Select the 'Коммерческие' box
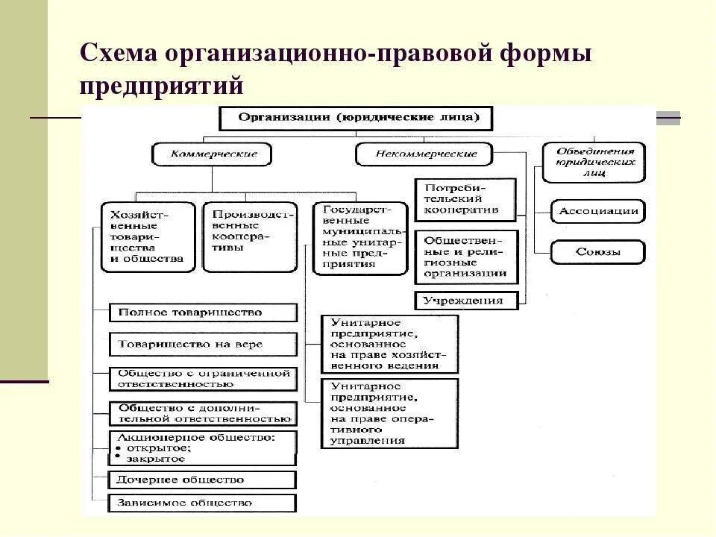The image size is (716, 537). pos(212,154)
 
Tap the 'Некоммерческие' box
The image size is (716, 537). pos(424,154)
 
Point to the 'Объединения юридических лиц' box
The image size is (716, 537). pos(594,162)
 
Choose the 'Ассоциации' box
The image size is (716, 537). pos(597,211)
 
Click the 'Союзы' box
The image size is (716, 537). pos(597,252)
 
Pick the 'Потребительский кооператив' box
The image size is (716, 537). pos(465,199)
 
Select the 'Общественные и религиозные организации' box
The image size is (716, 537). pos(465,257)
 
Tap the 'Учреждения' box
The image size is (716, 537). pos(468,301)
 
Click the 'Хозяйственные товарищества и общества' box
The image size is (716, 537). pos(148,237)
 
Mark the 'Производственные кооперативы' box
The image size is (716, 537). pos(250,236)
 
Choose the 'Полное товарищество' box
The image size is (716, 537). pos(203,313)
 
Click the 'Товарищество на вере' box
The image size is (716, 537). pos(203,345)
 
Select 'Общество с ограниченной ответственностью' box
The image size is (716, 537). pos(203,378)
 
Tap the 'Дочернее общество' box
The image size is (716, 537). pos(203,480)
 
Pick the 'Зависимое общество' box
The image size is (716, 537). pos(203,503)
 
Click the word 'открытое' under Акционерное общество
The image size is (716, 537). pos(158,448)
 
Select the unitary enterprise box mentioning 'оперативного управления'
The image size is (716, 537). pos(389,413)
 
